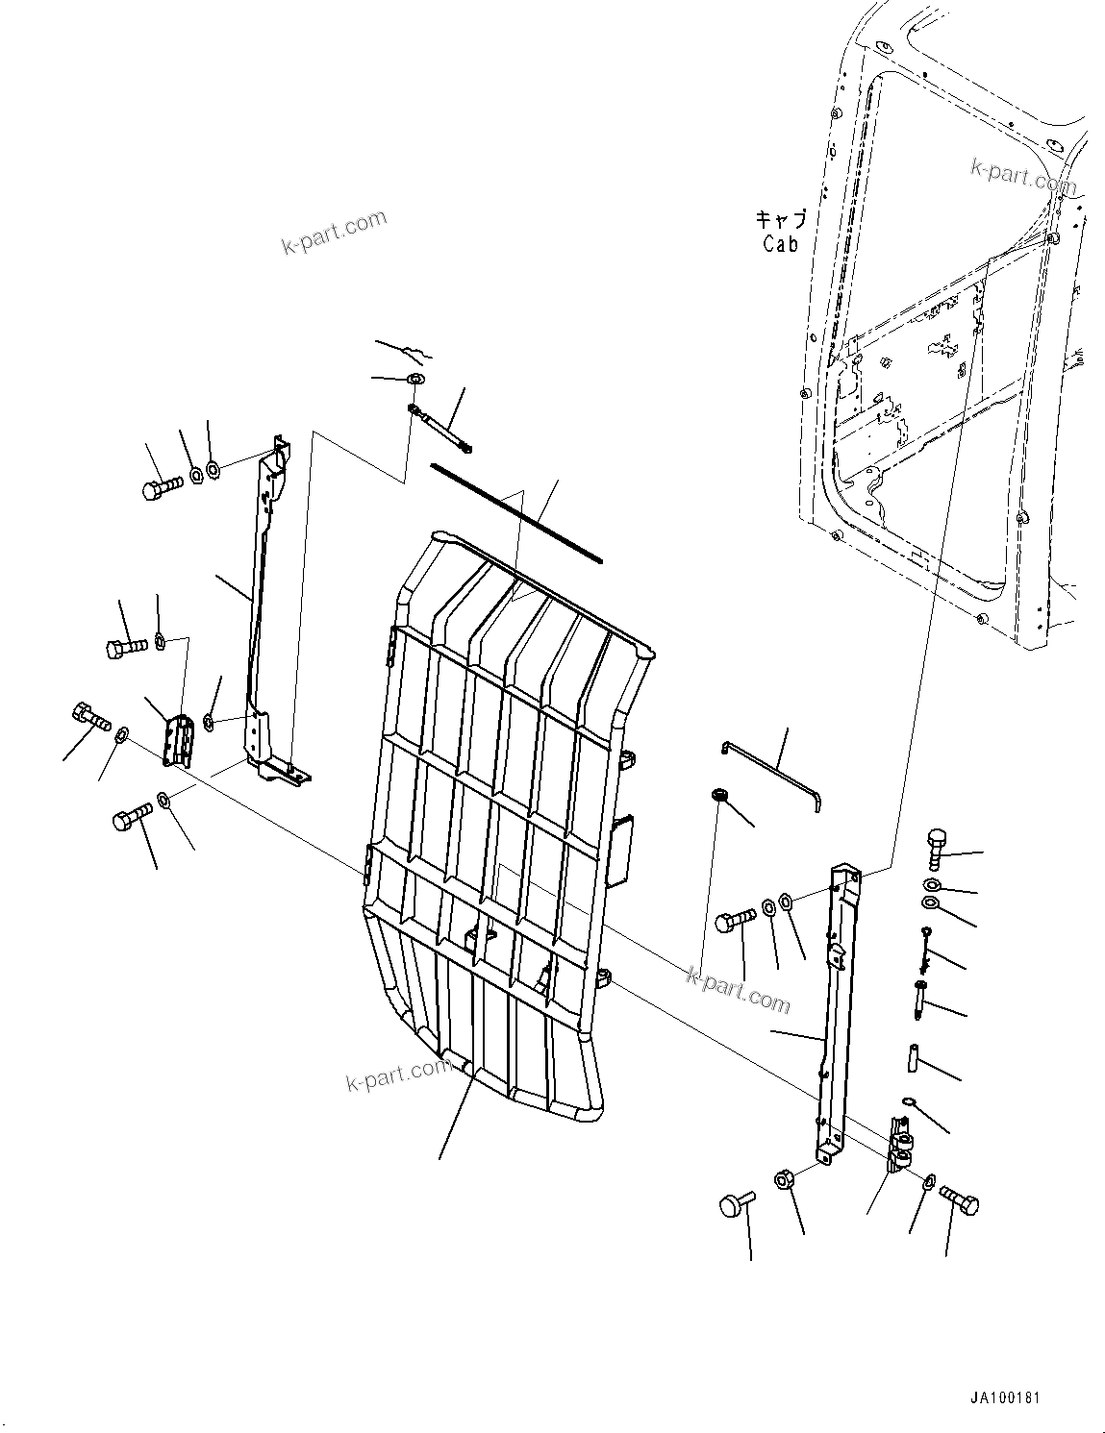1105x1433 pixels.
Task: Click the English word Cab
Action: click(780, 244)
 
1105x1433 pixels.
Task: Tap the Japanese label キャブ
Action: click(780, 220)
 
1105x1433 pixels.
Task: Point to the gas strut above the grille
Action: click(439, 427)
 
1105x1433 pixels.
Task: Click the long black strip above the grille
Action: click(515, 510)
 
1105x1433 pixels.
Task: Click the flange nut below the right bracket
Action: click(783, 1178)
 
